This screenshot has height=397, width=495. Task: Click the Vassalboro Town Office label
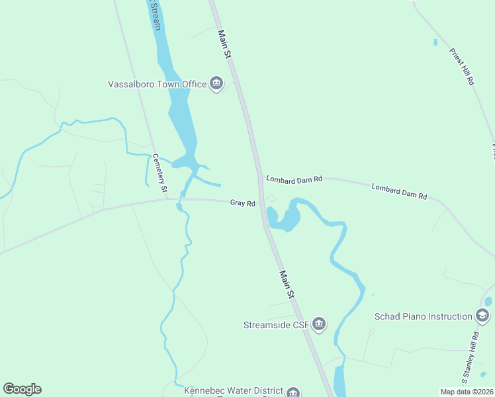(x=158, y=84)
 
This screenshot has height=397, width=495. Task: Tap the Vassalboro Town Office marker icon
(x=216, y=83)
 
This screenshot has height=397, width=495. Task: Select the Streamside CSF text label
(x=276, y=324)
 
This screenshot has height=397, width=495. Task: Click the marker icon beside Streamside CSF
(x=319, y=324)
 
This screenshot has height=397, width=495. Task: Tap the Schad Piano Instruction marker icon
(x=482, y=316)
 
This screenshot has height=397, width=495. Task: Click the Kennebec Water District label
(x=234, y=391)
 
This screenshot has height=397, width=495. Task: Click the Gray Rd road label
(x=243, y=203)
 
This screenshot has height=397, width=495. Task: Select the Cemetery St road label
(x=159, y=174)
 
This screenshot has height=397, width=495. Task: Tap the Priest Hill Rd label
(x=462, y=66)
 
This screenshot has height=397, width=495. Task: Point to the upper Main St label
(x=224, y=45)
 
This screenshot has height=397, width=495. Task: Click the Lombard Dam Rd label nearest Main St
(x=294, y=179)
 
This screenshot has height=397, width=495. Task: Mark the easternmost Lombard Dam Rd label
(x=399, y=192)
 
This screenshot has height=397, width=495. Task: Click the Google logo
(x=22, y=389)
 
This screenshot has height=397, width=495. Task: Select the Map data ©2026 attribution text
(x=466, y=392)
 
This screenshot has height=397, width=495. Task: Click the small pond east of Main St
(x=282, y=218)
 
